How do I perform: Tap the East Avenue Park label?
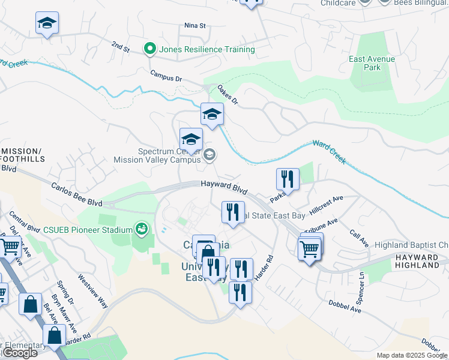(372, 63)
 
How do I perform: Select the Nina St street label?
(195, 26)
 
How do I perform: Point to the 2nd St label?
(121, 47)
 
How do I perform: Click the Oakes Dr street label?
(228, 95)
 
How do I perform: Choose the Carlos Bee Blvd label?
(76, 196)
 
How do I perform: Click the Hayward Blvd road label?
(224, 187)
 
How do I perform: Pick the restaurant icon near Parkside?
(288, 179)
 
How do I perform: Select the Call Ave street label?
(358, 237)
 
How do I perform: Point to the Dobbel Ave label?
(345, 307)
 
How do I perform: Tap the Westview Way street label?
(92, 291)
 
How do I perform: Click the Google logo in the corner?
(19, 353)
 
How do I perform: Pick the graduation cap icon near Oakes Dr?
(212, 114)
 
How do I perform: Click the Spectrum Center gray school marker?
(209, 155)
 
